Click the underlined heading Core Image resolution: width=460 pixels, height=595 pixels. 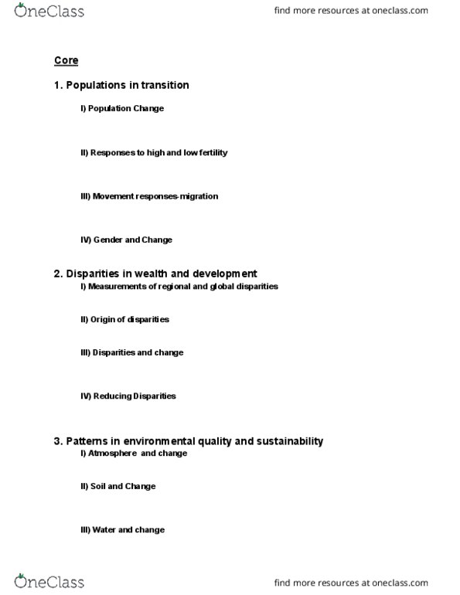[66, 60]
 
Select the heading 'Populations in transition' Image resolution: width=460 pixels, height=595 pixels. [128, 85]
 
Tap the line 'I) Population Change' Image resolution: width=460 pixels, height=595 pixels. [121, 109]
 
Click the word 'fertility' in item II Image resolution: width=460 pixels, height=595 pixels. [213, 153]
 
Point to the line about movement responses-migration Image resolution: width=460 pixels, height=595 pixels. [149, 196]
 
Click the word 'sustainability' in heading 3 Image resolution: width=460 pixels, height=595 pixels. [288, 441]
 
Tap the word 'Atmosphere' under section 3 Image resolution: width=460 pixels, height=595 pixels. [113, 454]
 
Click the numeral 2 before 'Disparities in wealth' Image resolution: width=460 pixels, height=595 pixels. [57, 274]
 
